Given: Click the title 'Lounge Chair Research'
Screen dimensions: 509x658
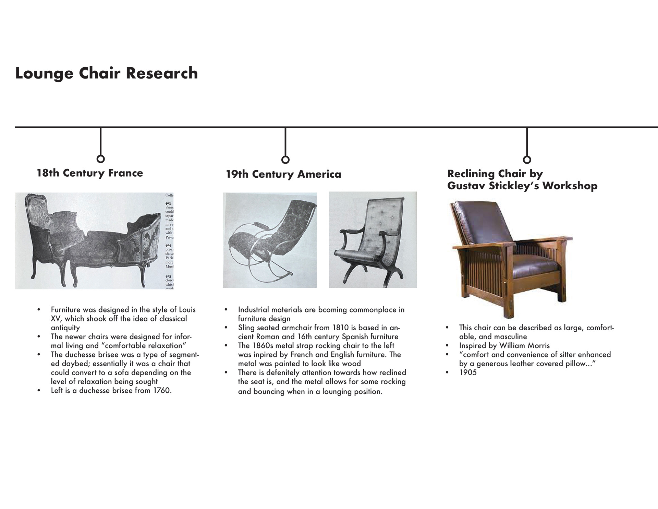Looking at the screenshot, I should click(106, 73).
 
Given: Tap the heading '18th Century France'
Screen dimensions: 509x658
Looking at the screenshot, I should click(90, 173).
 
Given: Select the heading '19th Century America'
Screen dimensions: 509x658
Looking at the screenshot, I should click(283, 174).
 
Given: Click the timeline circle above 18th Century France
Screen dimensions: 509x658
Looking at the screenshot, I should click(100, 159).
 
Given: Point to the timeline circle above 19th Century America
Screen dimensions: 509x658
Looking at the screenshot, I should click(285, 160).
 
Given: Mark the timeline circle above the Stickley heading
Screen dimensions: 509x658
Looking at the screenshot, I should click(527, 160).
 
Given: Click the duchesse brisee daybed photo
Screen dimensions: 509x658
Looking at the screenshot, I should click(94, 241).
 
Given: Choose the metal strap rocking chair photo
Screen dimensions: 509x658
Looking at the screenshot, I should click(270, 240).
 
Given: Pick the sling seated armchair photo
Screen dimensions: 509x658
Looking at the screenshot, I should click(373, 240).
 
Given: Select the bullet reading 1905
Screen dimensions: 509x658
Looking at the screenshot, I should click(468, 372).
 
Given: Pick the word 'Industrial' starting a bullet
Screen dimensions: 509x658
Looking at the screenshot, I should click(253, 310).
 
